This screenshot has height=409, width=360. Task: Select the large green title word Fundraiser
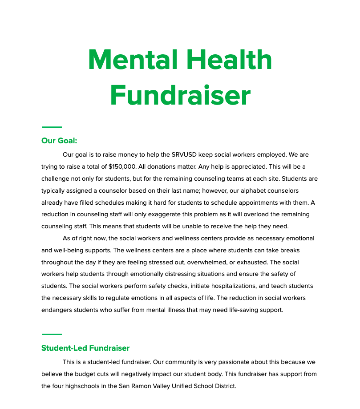click(x=180, y=95)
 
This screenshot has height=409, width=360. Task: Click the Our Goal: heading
click(x=59, y=141)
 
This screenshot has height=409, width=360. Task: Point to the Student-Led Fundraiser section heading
click(x=85, y=348)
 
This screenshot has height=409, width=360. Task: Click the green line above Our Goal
click(x=52, y=127)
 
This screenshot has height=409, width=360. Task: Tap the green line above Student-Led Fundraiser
click(x=52, y=334)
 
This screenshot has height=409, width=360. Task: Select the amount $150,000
click(x=122, y=167)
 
